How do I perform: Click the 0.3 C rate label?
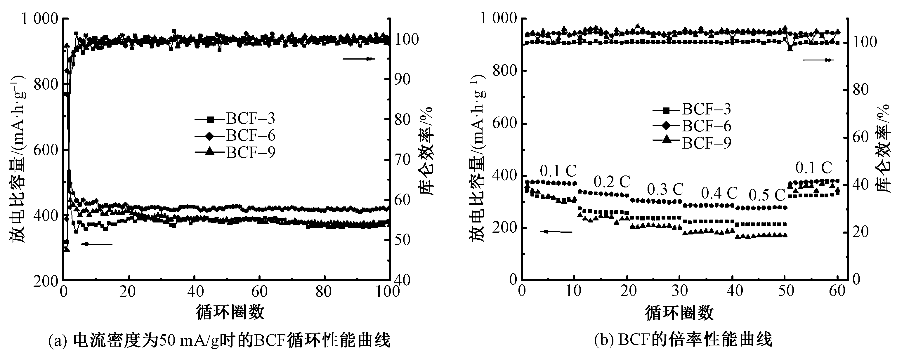665,190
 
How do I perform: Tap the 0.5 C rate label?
767,196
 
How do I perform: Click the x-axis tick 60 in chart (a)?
259,292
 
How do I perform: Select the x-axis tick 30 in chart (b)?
679,291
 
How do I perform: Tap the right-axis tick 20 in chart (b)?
859,232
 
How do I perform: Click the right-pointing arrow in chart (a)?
358,59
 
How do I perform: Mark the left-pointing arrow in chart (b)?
556,232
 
